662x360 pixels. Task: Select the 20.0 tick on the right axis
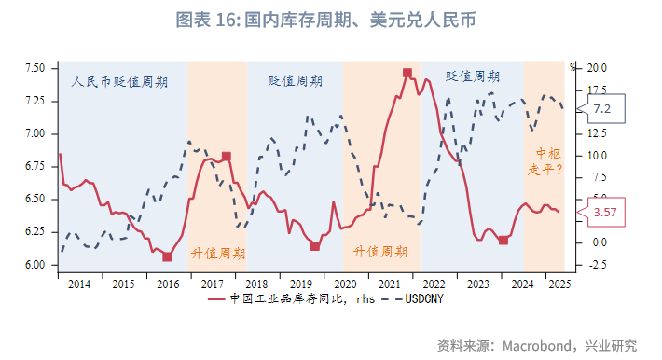[598, 68]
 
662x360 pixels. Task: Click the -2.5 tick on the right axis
[598, 265]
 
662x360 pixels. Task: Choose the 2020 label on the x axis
[344, 283]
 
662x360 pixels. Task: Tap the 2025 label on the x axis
[557, 283]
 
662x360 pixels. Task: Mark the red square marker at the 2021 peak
[407, 73]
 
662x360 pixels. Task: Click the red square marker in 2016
[167, 256]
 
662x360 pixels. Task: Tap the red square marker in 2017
[226, 157]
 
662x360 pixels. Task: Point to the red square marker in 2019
[315, 246]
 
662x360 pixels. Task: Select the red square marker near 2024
[503, 241]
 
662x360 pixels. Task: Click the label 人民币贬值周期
[119, 81]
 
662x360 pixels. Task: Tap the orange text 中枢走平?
[545, 161]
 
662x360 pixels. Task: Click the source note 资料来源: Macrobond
[537, 345]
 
